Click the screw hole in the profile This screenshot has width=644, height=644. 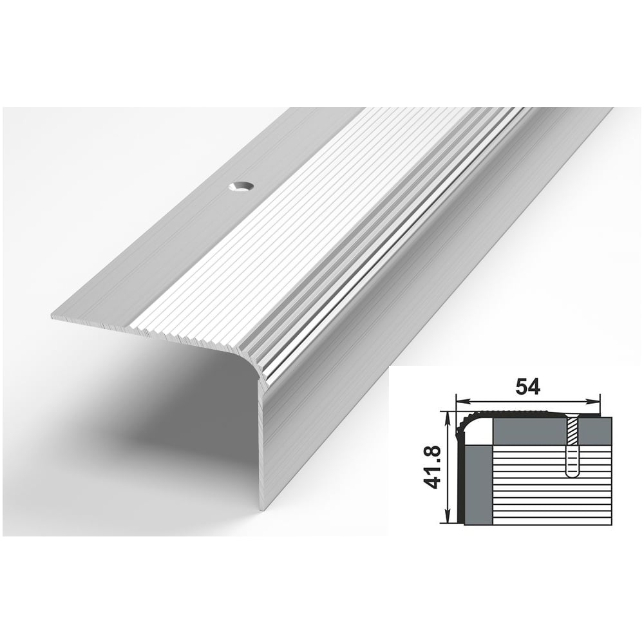click(x=241, y=187)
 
